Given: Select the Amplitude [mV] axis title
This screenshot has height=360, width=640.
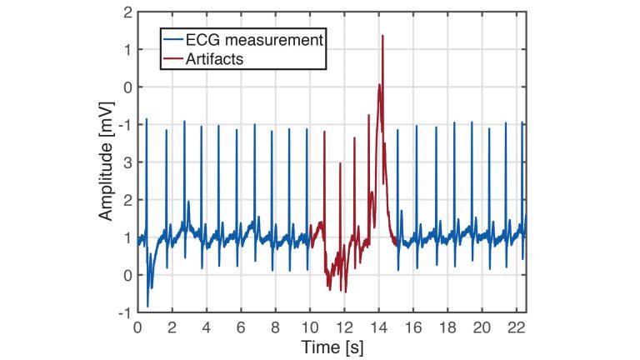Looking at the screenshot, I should pos(106,163).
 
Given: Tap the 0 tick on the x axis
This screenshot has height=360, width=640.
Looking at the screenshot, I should pos(137,327).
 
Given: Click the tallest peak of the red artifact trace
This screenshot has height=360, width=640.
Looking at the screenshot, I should pos(382,36).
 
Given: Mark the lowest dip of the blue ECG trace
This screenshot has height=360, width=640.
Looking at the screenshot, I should pos(147,306).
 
